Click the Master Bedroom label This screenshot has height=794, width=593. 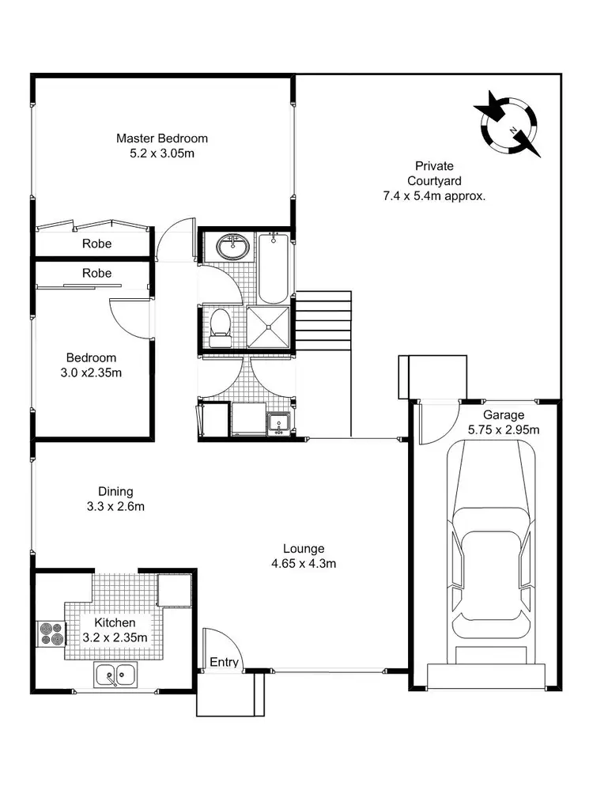tap(162, 138)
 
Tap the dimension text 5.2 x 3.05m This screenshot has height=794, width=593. tap(162, 153)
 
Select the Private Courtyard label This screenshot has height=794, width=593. tap(434, 173)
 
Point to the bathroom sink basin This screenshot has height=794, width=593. tap(233, 248)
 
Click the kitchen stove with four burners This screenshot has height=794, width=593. tap(51, 635)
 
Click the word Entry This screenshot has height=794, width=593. tap(224, 663)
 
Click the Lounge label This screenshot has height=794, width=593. tap(304, 549)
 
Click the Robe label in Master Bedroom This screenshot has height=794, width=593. tap(96, 244)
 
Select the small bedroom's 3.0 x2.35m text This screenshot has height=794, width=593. tap(91, 372)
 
